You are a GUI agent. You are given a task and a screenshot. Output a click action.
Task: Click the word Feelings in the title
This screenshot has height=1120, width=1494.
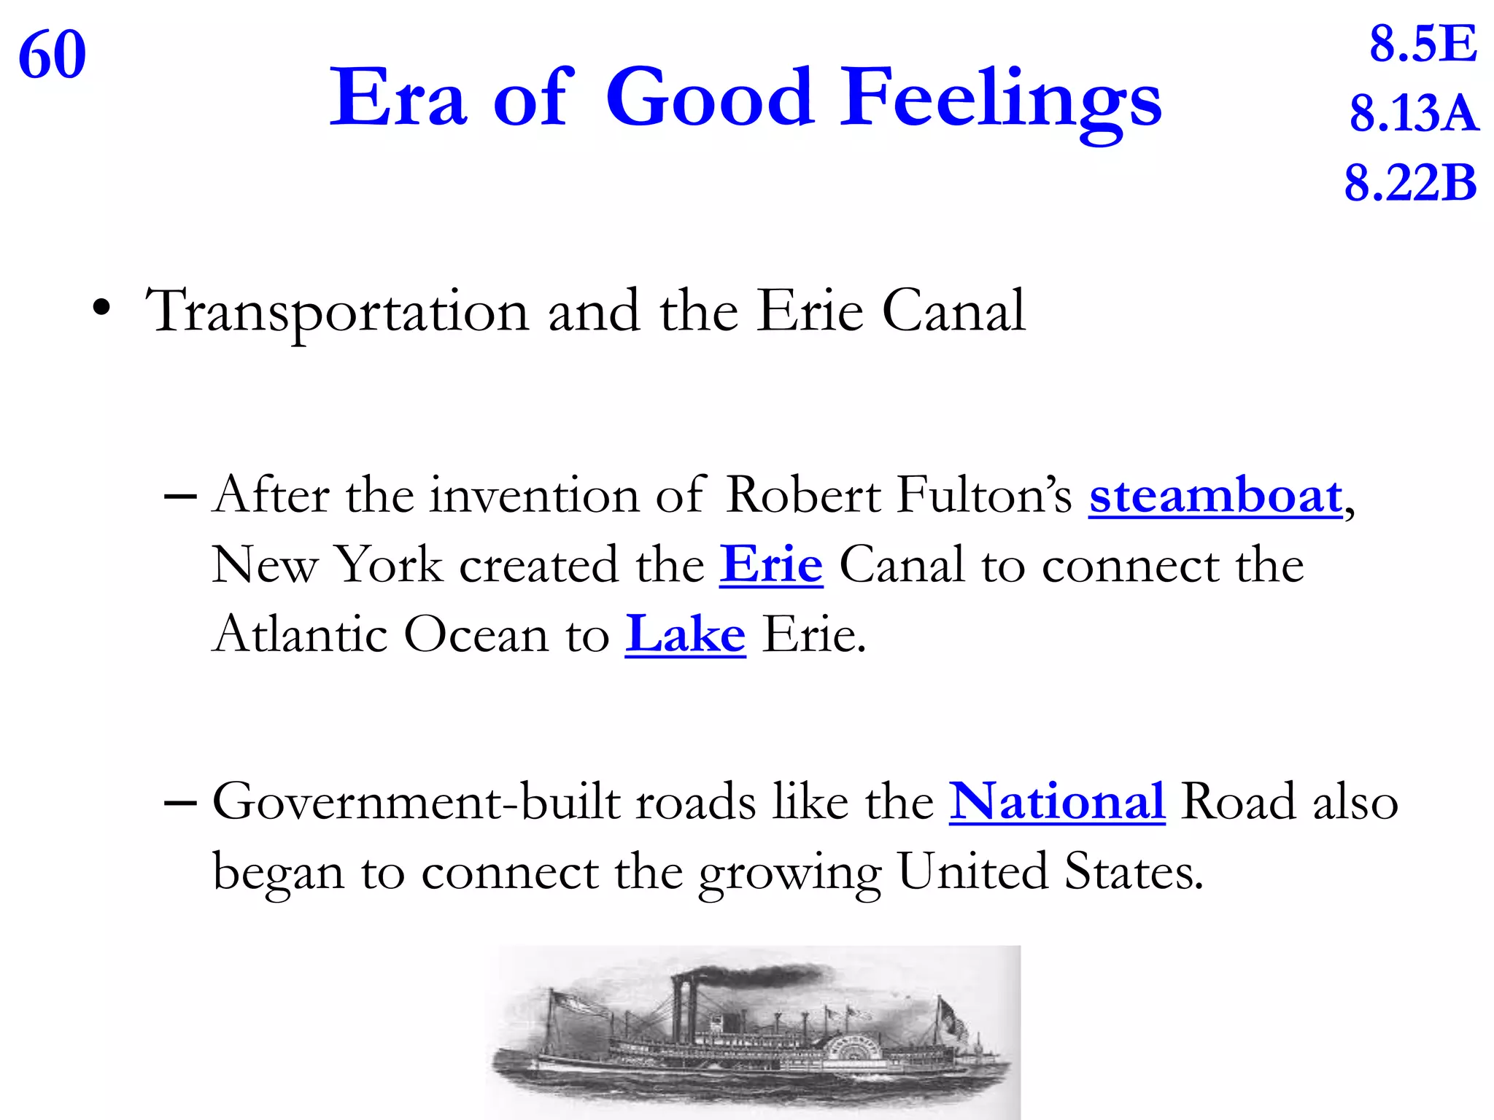click(1000, 98)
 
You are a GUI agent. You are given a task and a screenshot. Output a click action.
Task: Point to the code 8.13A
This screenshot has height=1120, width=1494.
click(1414, 114)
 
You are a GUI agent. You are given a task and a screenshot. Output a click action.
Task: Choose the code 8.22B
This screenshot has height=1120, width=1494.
click(1410, 183)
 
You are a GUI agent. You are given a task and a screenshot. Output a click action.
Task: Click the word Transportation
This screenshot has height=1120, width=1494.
click(337, 312)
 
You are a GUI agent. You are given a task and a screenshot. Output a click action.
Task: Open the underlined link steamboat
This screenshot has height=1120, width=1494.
click(1215, 497)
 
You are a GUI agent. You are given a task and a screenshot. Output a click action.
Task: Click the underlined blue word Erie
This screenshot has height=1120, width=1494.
click(771, 565)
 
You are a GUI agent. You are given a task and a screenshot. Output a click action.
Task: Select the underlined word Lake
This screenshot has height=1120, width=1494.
click(685, 634)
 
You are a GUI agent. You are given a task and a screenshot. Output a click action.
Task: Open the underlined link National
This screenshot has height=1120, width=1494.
click(1056, 801)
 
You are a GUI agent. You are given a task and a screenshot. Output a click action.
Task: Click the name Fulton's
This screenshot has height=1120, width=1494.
click(984, 496)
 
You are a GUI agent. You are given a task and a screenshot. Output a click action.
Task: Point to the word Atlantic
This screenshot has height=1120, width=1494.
click(300, 634)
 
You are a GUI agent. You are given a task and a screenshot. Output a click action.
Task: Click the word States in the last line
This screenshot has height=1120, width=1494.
click(1133, 871)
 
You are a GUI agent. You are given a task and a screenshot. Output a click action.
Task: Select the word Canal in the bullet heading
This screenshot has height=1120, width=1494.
click(953, 312)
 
